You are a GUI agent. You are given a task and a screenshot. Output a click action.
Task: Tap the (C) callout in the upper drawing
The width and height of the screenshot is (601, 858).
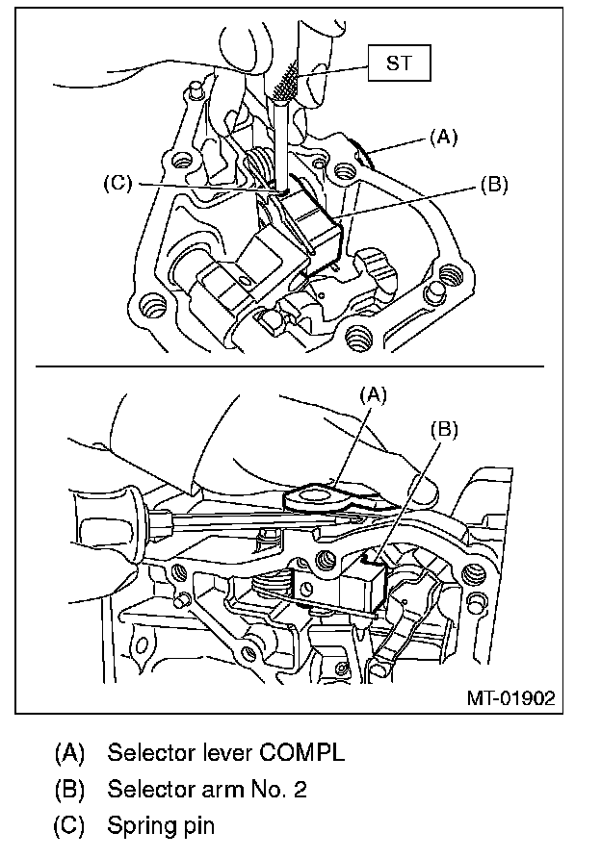point(118,184)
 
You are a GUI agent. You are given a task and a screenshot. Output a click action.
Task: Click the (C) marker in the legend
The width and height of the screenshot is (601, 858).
point(70,824)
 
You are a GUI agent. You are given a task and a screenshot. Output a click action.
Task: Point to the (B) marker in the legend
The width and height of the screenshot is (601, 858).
point(70,789)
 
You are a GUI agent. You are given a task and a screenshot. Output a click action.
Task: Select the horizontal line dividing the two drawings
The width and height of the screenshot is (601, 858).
point(289,366)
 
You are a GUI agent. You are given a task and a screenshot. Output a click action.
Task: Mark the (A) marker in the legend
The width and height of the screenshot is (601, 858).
point(70,751)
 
